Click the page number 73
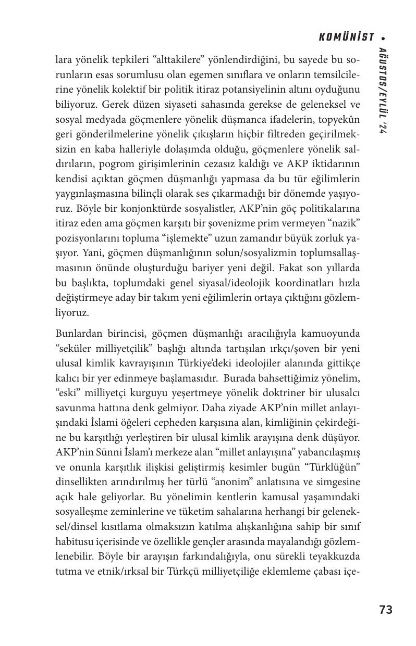[x=386, y=610]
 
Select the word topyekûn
[x=341, y=120]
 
